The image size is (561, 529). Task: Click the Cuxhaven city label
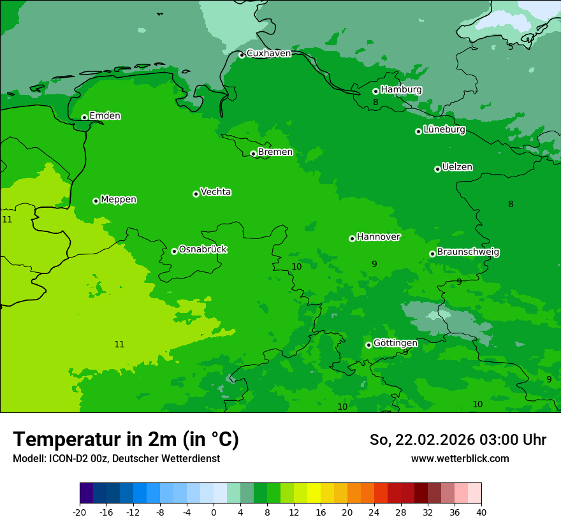(268, 54)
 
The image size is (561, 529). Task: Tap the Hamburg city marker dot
(376, 91)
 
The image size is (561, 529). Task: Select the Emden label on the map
(105, 116)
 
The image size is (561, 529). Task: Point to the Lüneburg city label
(444, 130)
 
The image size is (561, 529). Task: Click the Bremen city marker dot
(253, 154)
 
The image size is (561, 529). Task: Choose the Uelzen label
(457, 168)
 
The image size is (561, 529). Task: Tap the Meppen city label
(119, 199)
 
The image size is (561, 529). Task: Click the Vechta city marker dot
(196, 194)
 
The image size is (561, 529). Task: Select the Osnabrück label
(203, 249)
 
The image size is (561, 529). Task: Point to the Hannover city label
(378, 237)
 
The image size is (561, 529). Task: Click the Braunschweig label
(468, 252)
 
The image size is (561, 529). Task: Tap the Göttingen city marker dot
(368, 345)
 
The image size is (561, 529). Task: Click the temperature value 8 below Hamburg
(375, 103)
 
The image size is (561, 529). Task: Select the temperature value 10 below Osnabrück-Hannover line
(296, 266)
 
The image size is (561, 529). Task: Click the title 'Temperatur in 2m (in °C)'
(126, 439)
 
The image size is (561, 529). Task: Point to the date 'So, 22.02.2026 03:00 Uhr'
(458, 440)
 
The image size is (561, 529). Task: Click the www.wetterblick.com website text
(460, 458)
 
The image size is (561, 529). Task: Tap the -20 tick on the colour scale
(80, 512)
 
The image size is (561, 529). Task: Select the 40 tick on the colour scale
(481, 512)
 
